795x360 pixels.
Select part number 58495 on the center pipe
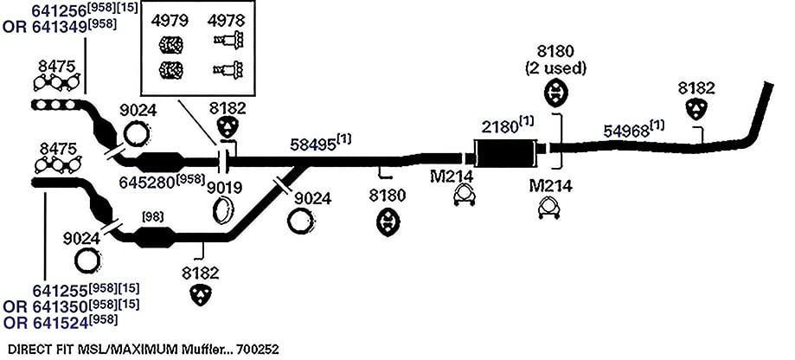pos(312,145)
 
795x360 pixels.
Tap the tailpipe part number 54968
pos(626,132)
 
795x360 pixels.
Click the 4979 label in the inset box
pos(170,21)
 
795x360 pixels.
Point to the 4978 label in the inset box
pos(227,21)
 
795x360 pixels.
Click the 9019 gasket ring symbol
pos(223,210)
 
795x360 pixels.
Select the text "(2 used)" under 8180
pos(555,69)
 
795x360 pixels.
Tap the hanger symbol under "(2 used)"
pos(556,93)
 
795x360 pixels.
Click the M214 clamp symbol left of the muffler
pos(465,196)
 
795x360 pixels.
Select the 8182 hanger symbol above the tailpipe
pos(696,109)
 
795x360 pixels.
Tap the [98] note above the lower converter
pos(152,217)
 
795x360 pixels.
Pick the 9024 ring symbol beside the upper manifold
pos(136,134)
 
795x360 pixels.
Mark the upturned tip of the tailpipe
pos(768,86)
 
